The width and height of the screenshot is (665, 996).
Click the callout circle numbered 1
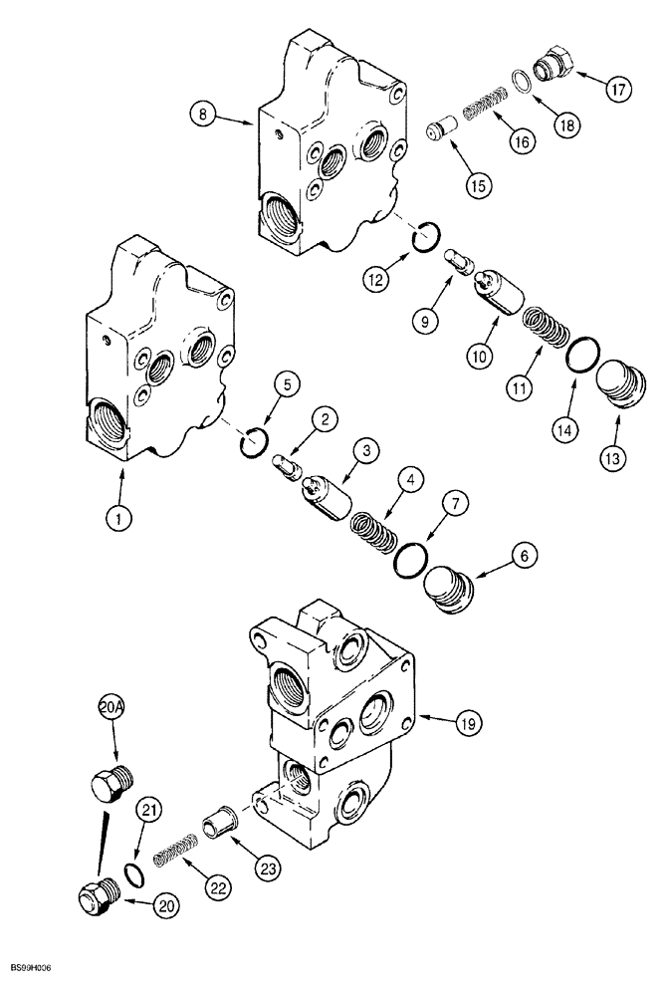[120, 516]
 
